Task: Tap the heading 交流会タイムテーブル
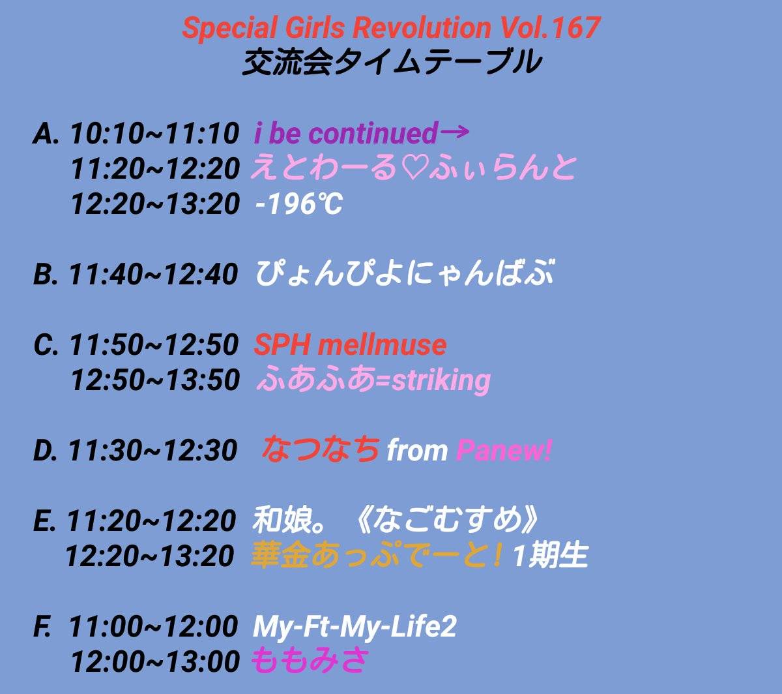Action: click(x=392, y=62)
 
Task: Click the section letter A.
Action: click(x=46, y=133)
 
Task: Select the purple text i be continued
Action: click(x=346, y=132)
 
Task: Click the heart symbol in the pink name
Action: click(x=413, y=169)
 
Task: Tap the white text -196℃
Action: click(x=299, y=204)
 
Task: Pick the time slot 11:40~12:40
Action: click(x=154, y=274)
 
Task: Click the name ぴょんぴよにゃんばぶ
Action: click(x=404, y=273)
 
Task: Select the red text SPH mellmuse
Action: click(x=350, y=344)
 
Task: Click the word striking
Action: click(x=441, y=381)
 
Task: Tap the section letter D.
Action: click(x=46, y=451)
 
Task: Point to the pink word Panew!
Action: click(x=504, y=451)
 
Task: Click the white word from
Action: click(x=417, y=451)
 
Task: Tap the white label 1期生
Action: click(x=549, y=556)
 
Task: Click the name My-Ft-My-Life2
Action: click(x=355, y=627)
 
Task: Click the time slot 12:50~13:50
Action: click(x=156, y=380)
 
